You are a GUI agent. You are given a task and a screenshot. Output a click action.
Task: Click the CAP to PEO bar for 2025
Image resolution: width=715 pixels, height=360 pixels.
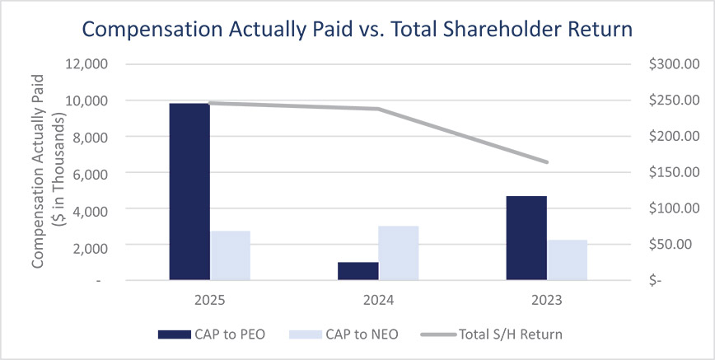189,192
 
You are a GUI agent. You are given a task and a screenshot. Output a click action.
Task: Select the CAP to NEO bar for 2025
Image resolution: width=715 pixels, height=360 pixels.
231,255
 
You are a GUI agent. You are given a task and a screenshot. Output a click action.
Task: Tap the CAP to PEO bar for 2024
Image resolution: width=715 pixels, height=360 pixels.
358,271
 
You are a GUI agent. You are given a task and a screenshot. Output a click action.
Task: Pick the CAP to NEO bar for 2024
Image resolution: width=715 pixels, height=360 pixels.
399,253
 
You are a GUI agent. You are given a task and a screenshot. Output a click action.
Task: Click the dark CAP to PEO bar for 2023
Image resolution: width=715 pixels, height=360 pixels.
526,238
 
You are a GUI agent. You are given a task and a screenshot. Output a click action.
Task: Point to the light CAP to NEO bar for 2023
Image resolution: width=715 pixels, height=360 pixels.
568,260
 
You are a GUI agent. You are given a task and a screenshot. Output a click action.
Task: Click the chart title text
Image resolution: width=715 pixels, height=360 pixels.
357,30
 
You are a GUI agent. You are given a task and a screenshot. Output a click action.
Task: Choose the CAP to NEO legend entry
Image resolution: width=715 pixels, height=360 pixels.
338,334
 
